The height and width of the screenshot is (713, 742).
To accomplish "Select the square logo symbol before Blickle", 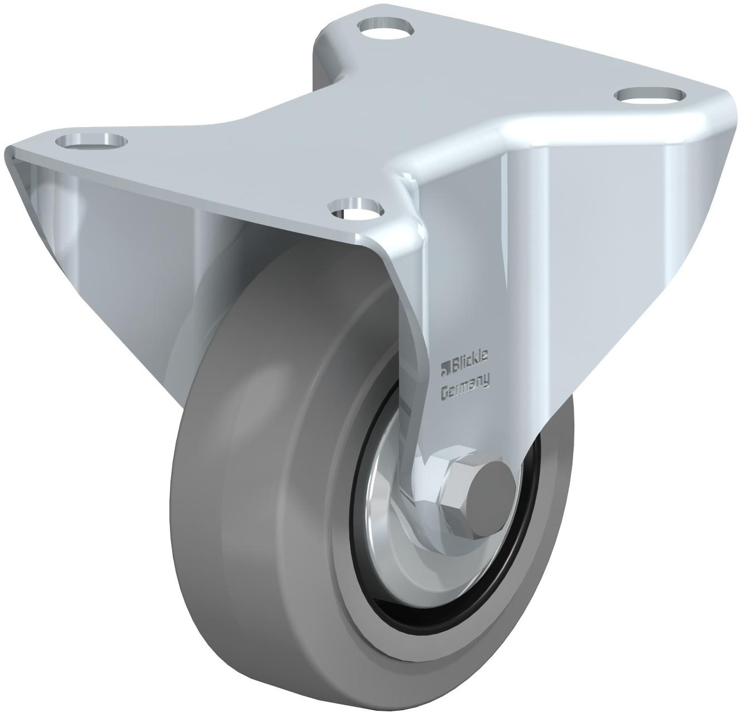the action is [x=445, y=367].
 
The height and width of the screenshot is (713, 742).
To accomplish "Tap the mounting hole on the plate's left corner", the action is [x=91, y=141].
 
